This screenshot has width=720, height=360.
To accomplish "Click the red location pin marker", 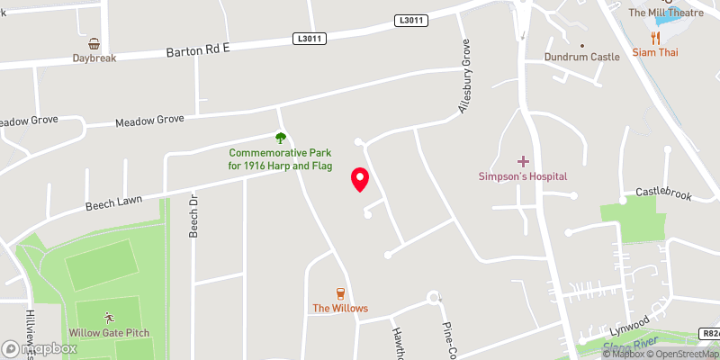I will [359, 179].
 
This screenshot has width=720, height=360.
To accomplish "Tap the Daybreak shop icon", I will [94, 43].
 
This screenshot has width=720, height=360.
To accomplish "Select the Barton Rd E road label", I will [198, 49].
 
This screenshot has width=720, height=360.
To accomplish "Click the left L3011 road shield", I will [307, 39].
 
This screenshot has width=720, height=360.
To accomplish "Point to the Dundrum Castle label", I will [582, 57].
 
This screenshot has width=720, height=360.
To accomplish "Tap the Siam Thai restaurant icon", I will [654, 39].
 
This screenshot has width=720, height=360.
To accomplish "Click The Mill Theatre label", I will [661, 12].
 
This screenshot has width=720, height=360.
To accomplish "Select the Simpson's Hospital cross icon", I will [523, 160].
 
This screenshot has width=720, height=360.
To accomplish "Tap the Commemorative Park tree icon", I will [280, 138].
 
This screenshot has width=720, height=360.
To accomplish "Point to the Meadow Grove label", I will [148, 119].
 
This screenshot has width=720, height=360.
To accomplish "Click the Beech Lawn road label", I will [111, 205].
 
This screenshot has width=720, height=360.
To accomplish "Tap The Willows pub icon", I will [340, 293].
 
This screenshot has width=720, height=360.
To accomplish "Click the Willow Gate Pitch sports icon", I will [109, 318].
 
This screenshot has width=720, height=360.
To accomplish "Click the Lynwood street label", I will [629, 321].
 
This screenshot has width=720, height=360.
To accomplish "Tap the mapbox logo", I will [40, 347].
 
